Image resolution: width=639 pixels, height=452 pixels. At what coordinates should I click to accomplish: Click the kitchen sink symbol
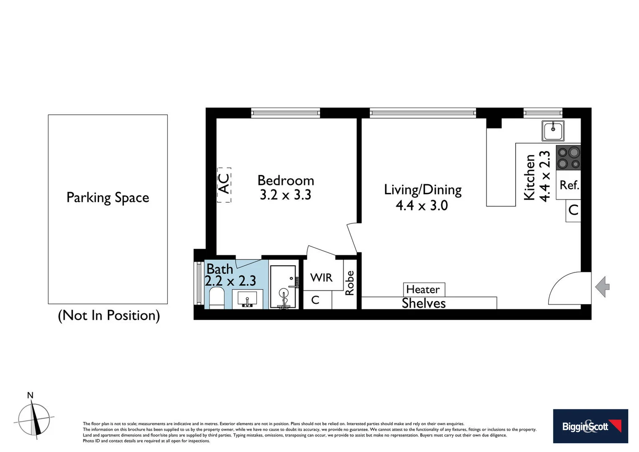553,131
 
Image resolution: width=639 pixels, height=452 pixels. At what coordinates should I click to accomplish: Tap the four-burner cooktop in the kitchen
568,158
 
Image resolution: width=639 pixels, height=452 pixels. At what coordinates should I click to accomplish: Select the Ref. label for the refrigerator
569,185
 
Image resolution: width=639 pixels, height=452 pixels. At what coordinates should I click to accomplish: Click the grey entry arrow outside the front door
602,287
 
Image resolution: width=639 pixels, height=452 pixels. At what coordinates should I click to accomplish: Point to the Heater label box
423,289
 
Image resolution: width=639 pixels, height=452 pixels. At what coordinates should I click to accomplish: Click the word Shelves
424,303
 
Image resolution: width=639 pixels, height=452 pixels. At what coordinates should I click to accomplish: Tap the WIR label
321,277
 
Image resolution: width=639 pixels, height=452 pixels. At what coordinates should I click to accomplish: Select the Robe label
350,283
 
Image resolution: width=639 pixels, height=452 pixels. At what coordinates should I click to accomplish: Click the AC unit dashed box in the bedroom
224,185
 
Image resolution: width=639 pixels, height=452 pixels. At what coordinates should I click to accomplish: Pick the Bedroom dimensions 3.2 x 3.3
286,195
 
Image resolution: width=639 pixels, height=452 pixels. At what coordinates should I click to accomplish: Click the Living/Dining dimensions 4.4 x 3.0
422,205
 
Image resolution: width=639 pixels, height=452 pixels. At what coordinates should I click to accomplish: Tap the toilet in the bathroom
216,298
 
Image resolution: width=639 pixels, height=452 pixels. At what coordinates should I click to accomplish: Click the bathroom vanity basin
247,300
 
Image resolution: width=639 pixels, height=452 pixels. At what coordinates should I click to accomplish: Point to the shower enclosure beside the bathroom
284,287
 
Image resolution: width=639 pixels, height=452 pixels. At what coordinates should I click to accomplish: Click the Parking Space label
108,198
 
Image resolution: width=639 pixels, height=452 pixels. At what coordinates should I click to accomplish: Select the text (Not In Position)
109,315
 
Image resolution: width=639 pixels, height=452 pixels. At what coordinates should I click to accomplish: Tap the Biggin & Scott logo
590,426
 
